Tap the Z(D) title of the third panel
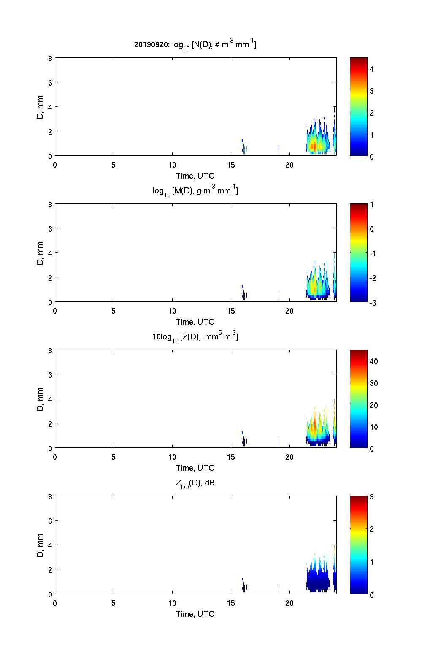[x=195, y=337]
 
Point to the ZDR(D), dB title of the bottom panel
[x=195, y=483]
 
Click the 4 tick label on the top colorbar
[x=372, y=69]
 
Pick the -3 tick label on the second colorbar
[x=373, y=303]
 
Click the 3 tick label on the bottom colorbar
[x=372, y=497]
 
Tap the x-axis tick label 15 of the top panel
[x=231, y=165]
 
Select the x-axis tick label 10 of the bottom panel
[x=172, y=603]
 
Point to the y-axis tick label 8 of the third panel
[x=50, y=350]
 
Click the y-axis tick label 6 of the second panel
[x=50, y=229]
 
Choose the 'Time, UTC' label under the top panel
[x=195, y=176]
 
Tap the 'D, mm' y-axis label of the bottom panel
[x=40, y=545]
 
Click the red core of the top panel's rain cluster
[x=313, y=146]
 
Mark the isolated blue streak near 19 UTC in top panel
[x=279, y=150]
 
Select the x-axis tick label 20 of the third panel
[x=289, y=457]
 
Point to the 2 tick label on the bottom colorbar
[x=372, y=529]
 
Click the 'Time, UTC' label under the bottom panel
[x=195, y=614]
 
